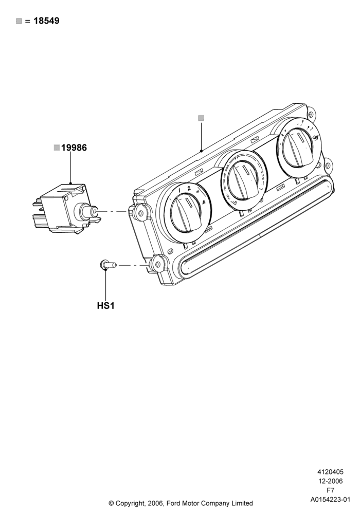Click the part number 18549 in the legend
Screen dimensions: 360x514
(x=47, y=21)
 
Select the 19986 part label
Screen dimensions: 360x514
(x=74, y=148)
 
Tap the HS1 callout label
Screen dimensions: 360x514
(x=105, y=306)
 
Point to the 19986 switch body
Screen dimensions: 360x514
(x=66, y=209)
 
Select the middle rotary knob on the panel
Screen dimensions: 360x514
(x=243, y=180)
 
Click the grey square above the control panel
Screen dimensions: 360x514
(x=201, y=118)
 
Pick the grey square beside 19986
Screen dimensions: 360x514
(x=57, y=148)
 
